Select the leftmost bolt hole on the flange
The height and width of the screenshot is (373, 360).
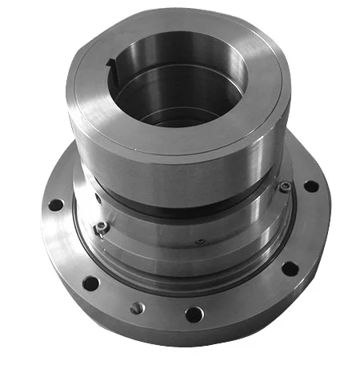[55, 205]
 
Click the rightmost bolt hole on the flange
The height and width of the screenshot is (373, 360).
[311, 186]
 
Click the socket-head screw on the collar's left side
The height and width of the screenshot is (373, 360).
[102, 229]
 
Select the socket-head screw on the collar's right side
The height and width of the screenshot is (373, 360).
[284, 187]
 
